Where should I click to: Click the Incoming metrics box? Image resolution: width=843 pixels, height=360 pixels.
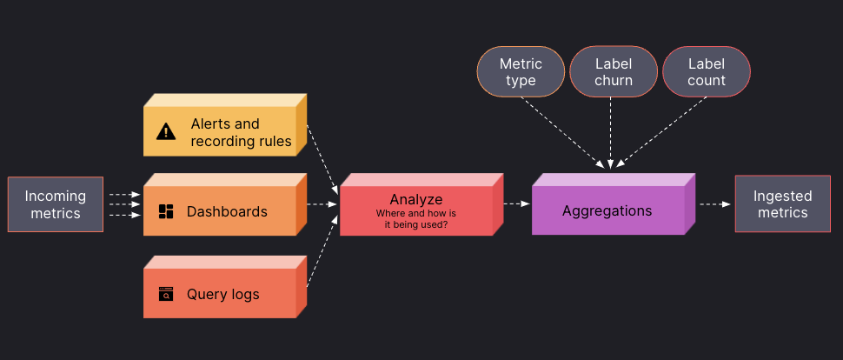[x=56, y=204]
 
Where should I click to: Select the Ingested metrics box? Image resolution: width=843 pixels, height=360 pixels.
[x=782, y=204]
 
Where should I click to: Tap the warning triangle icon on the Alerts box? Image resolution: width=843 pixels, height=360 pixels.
[x=166, y=132]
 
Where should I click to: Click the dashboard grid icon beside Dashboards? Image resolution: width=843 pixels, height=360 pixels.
[x=166, y=211]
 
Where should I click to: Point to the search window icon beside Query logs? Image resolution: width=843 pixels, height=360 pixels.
[x=166, y=294]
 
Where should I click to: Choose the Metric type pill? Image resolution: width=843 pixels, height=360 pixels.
[x=521, y=72]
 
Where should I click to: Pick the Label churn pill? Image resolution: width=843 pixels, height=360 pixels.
[x=614, y=72]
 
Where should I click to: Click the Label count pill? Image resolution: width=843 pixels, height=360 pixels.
[x=706, y=72]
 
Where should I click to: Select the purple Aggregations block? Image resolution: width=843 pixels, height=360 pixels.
[x=607, y=210]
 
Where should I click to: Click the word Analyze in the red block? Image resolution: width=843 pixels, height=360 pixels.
[x=415, y=199]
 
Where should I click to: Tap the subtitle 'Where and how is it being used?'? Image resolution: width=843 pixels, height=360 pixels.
[x=415, y=218]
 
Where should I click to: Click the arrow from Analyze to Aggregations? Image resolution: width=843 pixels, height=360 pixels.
[x=517, y=204]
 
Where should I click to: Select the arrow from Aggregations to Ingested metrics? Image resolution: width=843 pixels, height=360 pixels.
[x=714, y=204]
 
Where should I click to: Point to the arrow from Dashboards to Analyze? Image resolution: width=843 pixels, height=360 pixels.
[x=322, y=204]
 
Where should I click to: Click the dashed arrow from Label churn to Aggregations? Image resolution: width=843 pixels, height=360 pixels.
[x=611, y=130]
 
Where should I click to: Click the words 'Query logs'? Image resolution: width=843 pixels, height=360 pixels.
[x=222, y=294]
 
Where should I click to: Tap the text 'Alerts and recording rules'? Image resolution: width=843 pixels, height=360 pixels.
[x=241, y=132]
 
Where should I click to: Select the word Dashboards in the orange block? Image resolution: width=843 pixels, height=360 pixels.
[x=227, y=211]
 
